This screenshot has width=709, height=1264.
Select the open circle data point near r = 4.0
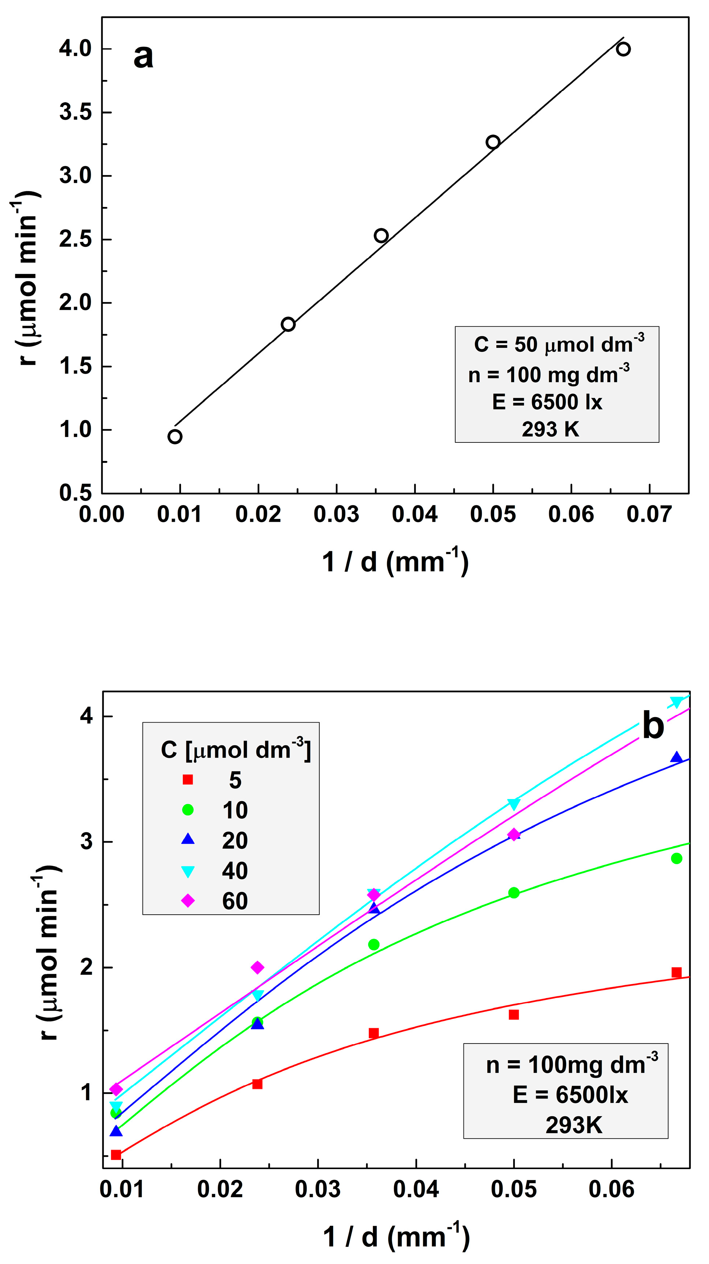623,49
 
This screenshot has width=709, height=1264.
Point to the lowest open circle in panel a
175,437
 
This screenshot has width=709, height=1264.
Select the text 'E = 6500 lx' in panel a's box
547,402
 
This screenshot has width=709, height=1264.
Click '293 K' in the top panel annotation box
550,429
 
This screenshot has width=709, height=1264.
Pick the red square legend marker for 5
188,780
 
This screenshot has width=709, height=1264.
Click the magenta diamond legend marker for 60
188,901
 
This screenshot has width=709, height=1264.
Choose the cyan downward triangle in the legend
188,871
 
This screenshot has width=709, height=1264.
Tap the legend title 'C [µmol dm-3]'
236,750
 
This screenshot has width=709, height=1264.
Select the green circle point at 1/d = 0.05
513,893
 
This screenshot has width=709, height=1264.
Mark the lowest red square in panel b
116,1154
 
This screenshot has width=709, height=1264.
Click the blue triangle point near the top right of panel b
677,758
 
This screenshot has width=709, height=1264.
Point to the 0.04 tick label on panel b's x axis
416,1189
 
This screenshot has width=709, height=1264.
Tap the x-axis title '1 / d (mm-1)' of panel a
395,561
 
